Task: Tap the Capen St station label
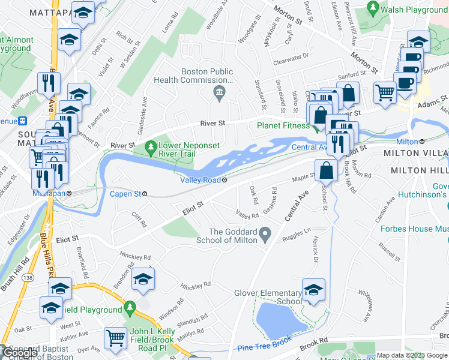pyautogui.click(x=125, y=194)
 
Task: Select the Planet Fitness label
pyautogui.click(x=284, y=125)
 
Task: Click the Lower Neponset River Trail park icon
pyautogui.click(x=150, y=147)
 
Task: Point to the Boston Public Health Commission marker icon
pyautogui.click(x=219, y=92)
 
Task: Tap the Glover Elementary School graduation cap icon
pyautogui.click(x=313, y=289)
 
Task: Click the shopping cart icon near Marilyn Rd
pyautogui.click(x=115, y=338)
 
